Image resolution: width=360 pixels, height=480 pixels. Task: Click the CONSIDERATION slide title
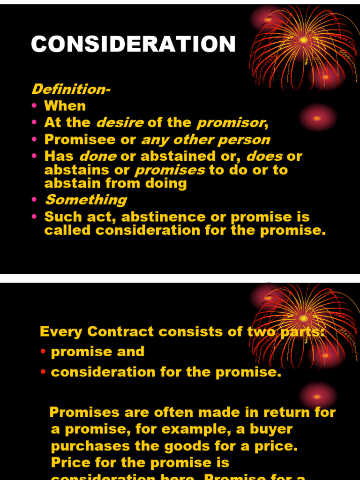pyautogui.click(x=133, y=45)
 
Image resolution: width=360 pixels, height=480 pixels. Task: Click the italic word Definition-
pyautogui.click(x=70, y=89)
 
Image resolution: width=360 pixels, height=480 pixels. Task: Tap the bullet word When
pyautogui.click(x=65, y=106)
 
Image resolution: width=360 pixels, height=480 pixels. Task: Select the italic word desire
pyautogui.click(x=120, y=123)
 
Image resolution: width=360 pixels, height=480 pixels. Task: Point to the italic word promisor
pyautogui.click(x=230, y=123)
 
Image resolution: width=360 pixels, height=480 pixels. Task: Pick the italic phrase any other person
pyautogui.click(x=205, y=140)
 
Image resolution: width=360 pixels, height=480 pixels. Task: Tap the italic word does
pyautogui.click(x=264, y=156)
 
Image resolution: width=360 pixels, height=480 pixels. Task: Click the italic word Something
pyautogui.click(x=85, y=200)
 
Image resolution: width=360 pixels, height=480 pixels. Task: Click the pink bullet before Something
pyautogui.click(x=34, y=201)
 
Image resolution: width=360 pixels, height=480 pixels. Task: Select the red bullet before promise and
pyautogui.click(x=43, y=352)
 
